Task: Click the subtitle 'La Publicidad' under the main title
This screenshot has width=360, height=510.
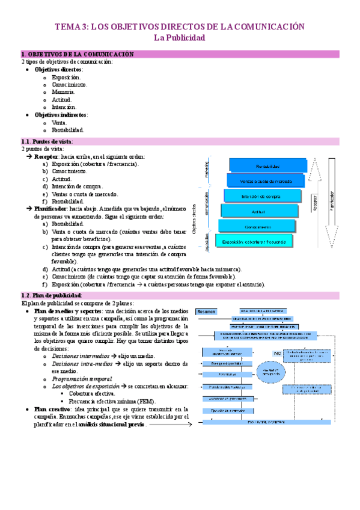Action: pos(180,38)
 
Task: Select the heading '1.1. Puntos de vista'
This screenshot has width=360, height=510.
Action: pos(46,141)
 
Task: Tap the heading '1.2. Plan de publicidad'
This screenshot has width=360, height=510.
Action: pos(50,296)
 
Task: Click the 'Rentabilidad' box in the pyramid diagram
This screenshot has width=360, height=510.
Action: pos(267,166)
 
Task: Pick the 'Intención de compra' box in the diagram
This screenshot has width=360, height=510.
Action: pos(262,196)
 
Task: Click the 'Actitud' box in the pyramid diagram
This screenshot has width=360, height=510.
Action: pos(259,211)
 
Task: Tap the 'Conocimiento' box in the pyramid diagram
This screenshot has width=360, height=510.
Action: pos(257,226)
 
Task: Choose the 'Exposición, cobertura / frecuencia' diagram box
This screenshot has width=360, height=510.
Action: pos(255,241)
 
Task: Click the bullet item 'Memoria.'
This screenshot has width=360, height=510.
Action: pos(63,92)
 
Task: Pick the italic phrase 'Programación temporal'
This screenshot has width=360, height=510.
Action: pos(82,379)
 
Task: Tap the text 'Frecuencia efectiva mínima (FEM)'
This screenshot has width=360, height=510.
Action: pos(113,401)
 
